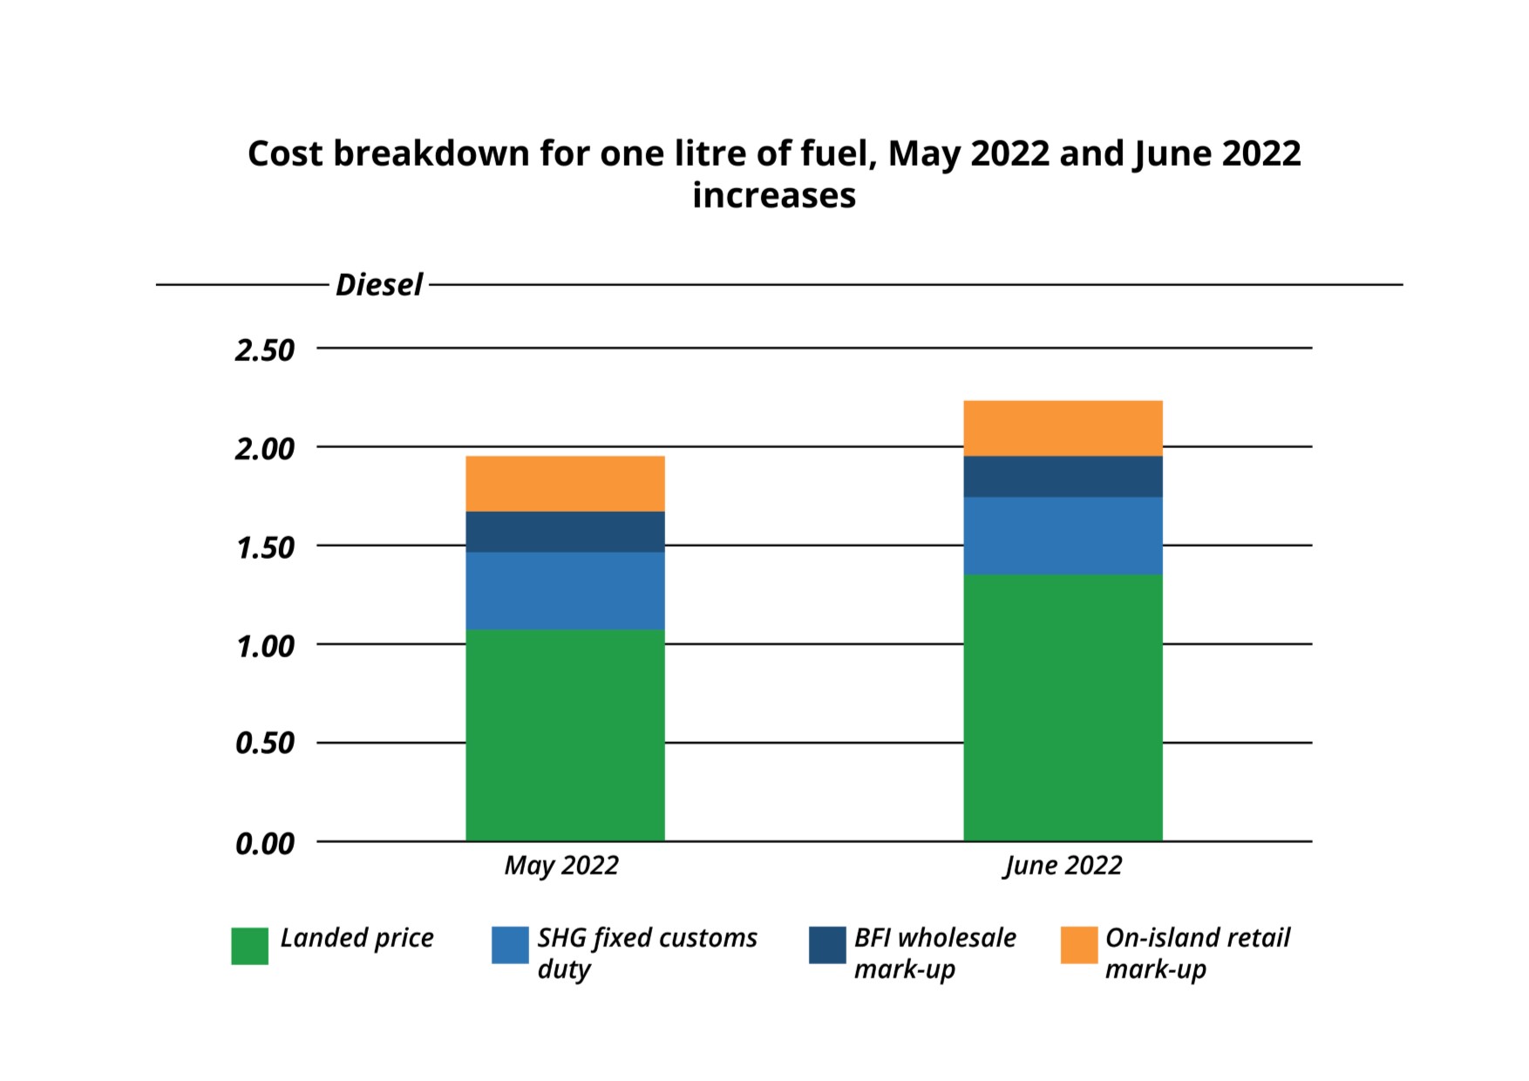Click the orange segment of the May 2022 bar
tap(565, 484)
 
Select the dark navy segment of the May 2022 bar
tap(565, 532)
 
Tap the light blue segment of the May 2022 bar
tap(565, 590)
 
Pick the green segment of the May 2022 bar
tap(565, 735)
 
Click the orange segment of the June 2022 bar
tap(1063, 428)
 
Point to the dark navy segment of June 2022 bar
tap(1063, 477)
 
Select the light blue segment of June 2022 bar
tap(1063, 535)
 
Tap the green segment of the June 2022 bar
tap(1063, 707)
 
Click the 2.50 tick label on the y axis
tap(265, 350)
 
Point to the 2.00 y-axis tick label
tap(265, 449)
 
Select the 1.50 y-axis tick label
tap(265, 548)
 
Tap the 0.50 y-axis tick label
tap(265, 744)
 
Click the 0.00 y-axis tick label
tap(265, 844)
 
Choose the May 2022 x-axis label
tap(561, 866)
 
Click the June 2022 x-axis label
tap(1063, 866)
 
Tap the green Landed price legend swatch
tap(249, 946)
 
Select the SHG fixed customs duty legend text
tap(647, 953)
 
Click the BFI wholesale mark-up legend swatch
tap(827, 945)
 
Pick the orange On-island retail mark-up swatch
tap(1079, 945)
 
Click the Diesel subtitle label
tap(379, 285)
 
